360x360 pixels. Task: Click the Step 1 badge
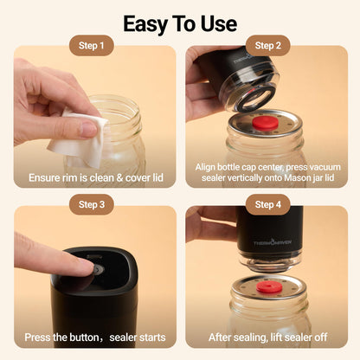coord(92,46)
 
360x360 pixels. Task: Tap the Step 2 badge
coord(267,46)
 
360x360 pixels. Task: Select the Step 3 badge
coord(92,204)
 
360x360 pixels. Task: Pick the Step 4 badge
coord(267,204)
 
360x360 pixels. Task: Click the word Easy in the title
coord(145,24)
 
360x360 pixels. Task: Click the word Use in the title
coord(219,23)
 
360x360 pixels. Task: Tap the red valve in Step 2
coord(266,123)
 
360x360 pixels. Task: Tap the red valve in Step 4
coord(269,287)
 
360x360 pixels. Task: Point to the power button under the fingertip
coord(99,270)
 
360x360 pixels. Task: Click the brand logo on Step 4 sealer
coord(273,242)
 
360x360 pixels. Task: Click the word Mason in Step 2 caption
coord(298,177)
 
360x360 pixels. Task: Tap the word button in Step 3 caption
coord(80,337)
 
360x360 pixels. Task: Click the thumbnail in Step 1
coord(88,129)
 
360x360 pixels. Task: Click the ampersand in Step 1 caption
coord(119,178)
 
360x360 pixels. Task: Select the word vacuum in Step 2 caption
coord(325,167)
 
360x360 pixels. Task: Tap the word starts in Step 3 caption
coord(152,337)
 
